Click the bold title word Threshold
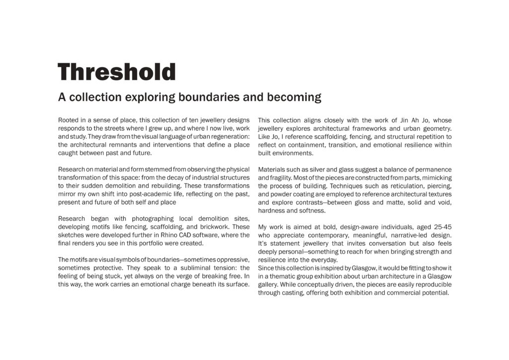(117, 73)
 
